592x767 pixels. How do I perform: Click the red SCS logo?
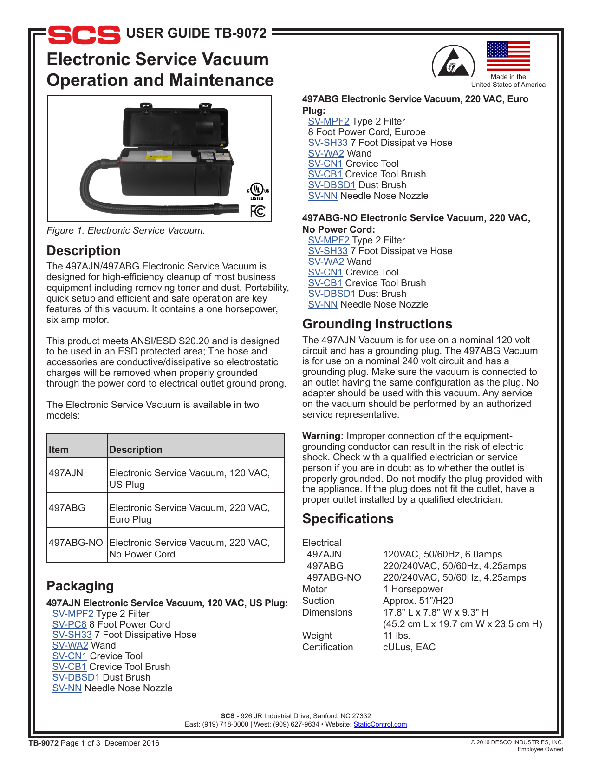84,35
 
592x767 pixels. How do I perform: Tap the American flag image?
508,56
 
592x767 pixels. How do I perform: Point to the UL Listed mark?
257,191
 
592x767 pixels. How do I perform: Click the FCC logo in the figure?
258,211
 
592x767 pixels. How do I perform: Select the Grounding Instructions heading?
377,324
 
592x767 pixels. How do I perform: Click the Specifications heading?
348,518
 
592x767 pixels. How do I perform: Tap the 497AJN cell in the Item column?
66,473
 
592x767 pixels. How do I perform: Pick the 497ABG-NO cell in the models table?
76,543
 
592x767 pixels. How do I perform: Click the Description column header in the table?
136,450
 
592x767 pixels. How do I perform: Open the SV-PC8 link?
69,624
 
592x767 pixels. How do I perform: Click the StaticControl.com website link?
380,724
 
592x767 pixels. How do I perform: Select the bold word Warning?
322,436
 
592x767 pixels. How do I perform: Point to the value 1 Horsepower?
413,589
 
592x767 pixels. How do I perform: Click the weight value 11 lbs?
397,636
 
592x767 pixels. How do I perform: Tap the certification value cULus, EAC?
409,647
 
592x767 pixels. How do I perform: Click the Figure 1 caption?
125,230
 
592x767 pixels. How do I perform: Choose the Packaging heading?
80,586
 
